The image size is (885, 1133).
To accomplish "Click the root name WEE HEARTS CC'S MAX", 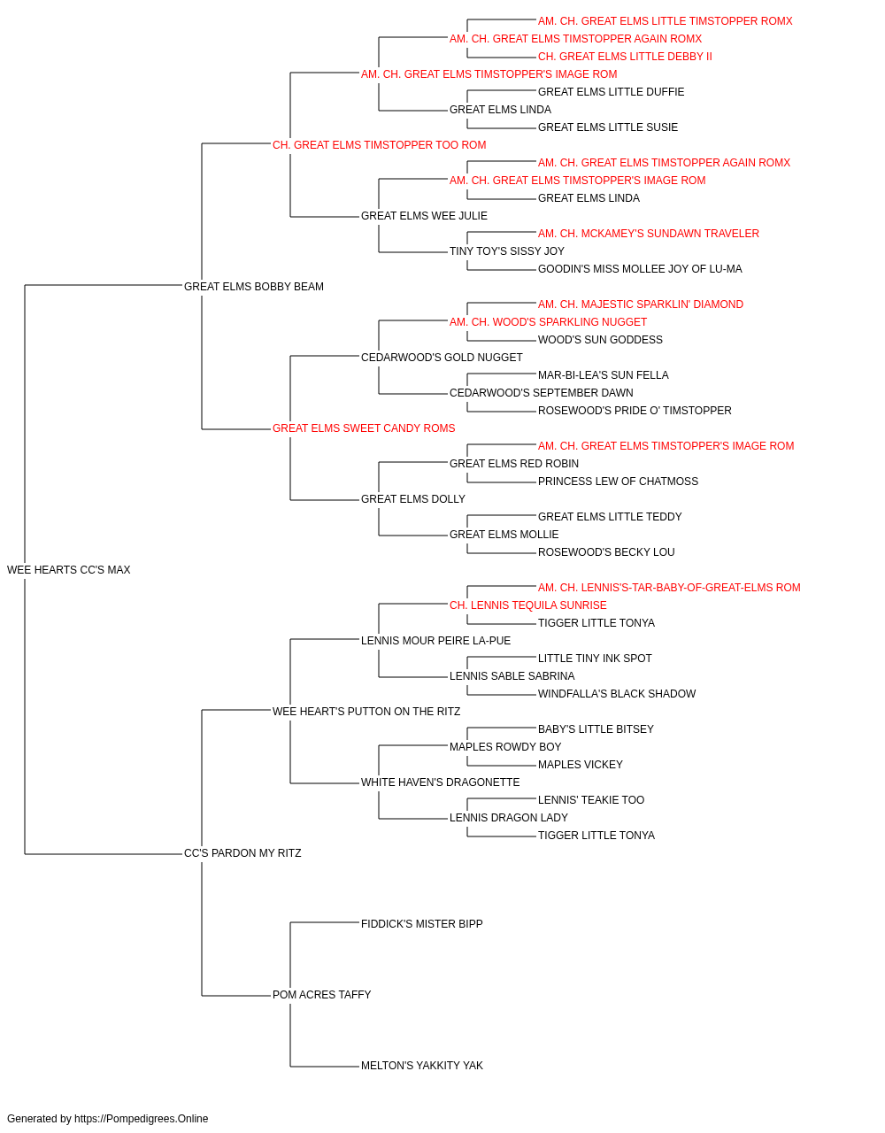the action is (69, 570).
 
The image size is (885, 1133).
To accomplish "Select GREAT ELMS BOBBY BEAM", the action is (254, 287).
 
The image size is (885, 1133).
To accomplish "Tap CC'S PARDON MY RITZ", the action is (242, 853).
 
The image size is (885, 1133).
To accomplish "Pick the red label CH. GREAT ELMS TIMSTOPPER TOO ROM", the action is (380, 145).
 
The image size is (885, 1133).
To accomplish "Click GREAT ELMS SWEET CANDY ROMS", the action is (364, 428).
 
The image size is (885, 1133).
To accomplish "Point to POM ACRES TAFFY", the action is (322, 995).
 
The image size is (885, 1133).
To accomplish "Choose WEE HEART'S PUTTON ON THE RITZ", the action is (366, 712).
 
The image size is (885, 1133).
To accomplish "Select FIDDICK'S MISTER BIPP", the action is (422, 924).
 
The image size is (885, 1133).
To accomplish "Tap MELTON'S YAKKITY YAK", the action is (422, 1066).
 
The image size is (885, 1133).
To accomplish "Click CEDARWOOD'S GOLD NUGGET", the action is (442, 358).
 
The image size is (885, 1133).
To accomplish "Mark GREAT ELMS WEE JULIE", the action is (424, 216).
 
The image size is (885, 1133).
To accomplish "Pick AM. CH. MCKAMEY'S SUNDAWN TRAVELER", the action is (649, 234).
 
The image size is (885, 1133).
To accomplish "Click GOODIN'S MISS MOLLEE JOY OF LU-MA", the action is (640, 269).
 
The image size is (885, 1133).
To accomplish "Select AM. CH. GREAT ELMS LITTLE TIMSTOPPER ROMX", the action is (665, 21).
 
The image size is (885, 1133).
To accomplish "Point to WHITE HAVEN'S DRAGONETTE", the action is (441, 782).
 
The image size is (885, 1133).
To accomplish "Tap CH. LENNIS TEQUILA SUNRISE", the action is (528, 605).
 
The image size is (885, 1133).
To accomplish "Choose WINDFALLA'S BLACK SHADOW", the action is (617, 694).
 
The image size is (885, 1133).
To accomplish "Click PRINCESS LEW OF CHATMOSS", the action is (618, 482).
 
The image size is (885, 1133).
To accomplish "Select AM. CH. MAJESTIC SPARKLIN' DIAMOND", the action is (641, 304).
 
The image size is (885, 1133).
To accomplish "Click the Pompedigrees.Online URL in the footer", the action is (142, 1119).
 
